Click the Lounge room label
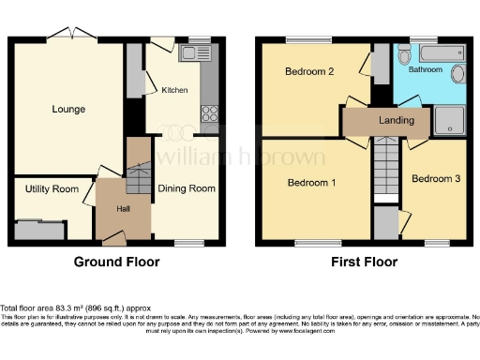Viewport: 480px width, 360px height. pos(67,110)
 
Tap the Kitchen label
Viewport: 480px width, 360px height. pos(174,91)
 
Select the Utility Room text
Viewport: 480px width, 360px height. pos(52,189)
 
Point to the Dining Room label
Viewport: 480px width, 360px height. pos(187,188)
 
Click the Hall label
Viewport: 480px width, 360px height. pos(123,209)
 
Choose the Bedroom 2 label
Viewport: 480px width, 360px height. pos(310,71)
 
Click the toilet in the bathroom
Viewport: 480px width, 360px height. pos(458,75)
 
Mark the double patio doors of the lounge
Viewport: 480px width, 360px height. pos(73,36)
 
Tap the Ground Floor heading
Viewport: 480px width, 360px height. pos(114,262)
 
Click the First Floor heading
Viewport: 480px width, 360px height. pos(363,262)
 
